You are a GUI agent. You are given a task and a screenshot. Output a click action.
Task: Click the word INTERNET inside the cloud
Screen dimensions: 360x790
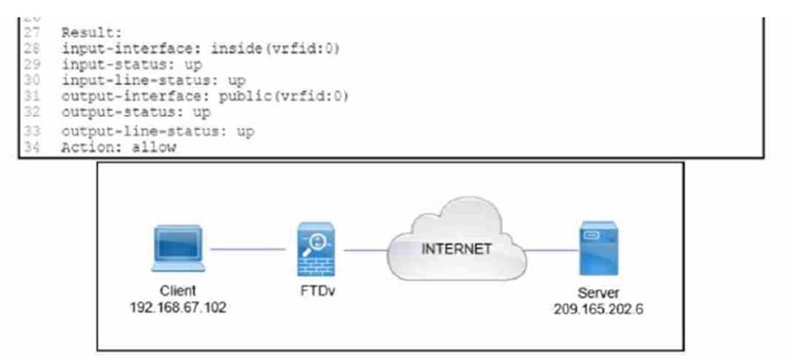pos(456,248)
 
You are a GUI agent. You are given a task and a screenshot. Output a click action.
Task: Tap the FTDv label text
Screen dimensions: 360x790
pos(313,292)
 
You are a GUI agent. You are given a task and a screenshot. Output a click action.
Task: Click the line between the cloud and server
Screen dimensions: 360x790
pos(546,250)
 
